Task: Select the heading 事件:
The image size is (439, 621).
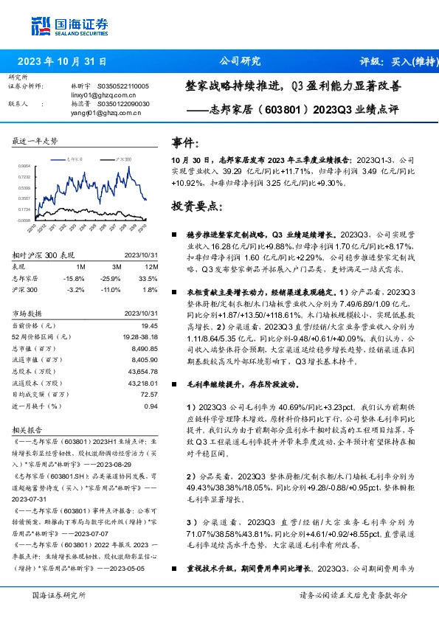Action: pos(184,142)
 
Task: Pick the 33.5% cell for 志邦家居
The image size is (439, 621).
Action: pos(150,277)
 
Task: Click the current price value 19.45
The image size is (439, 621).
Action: pos(149,325)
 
